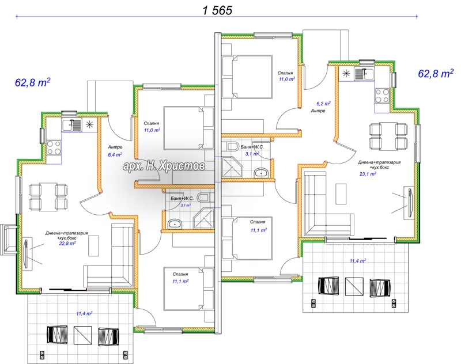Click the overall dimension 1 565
[x=217, y=10]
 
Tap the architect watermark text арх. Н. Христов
[x=164, y=166]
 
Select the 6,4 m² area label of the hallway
[x=115, y=154]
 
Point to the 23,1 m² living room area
[x=368, y=174]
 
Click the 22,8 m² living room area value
[x=67, y=243]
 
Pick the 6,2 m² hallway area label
[x=323, y=104]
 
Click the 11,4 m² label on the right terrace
[x=358, y=260]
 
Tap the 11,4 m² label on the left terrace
[x=84, y=313]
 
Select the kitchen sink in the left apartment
[x=71, y=125]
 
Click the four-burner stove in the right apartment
[x=382, y=96]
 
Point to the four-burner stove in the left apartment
[x=54, y=147]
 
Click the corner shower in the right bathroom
[x=233, y=168]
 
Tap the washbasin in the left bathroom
[x=175, y=225]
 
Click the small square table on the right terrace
[x=354, y=286]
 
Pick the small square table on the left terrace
[x=83, y=336]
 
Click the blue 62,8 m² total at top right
[x=436, y=73]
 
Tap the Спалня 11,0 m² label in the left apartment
[x=152, y=127]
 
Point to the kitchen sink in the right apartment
[x=364, y=73]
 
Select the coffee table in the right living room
[x=341, y=194]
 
